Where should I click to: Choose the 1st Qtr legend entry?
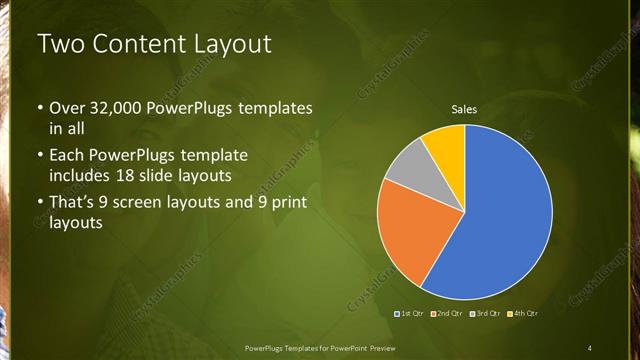click(411, 313)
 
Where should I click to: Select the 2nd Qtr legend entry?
click(447, 313)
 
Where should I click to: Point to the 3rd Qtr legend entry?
click(485, 313)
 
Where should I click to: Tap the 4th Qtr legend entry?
click(523, 313)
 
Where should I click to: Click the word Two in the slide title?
click(58, 44)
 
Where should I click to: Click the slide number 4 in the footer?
click(590, 347)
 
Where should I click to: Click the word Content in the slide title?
click(134, 44)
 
